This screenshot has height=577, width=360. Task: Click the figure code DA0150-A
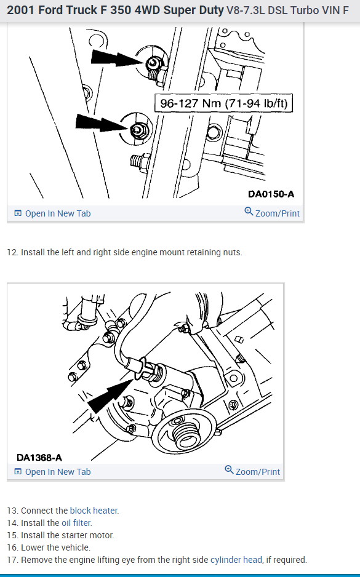(271, 194)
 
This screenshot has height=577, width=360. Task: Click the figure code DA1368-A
(39, 458)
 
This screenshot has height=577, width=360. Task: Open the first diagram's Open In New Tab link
(52, 213)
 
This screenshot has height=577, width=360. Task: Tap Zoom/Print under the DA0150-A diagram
(272, 213)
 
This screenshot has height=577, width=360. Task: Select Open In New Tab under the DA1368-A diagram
(52, 472)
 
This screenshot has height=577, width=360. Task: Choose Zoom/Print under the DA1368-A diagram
(252, 471)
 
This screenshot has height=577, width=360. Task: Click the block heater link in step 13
(94, 511)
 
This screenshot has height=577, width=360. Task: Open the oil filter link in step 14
(76, 523)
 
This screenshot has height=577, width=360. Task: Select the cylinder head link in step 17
(236, 560)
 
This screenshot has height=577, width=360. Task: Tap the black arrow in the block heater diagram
(110, 396)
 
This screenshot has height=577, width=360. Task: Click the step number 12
(12, 252)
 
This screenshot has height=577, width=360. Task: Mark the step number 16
(12, 547)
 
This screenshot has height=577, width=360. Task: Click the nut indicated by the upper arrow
(152, 64)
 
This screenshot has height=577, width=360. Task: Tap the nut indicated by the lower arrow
(137, 130)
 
